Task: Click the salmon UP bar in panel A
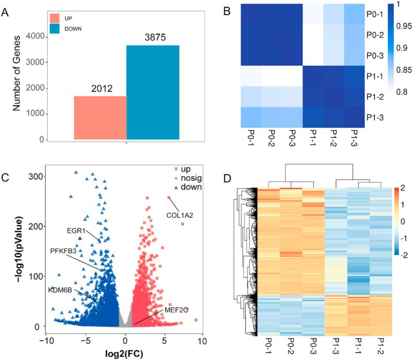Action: [x=100, y=118]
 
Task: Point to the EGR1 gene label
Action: [x=76, y=230]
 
